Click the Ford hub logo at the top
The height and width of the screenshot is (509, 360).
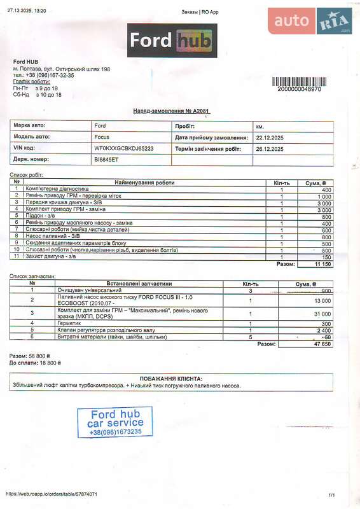pyautogui.click(x=172, y=41)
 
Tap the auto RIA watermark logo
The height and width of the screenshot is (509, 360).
pyautogui.click(x=310, y=21)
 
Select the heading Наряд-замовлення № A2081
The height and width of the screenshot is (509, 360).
pyautogui.click(x=171, y=111)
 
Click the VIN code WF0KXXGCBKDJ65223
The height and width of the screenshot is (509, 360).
pyautogui.click(x=124, y=148)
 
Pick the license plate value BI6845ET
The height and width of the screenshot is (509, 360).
pyautogui.click(x=106, y=160)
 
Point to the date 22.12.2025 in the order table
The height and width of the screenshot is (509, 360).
pyautogui.click(x=270, y=137)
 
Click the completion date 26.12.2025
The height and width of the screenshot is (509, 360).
pyautogui.click(x=270, y=149)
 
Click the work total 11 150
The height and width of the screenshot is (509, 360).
pyautogui.click(x=322, y=263)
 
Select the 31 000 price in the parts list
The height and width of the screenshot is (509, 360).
pyautogui.click(x=322, y=314)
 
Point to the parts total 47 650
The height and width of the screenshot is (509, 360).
pyautogui.click(x=321, y=344)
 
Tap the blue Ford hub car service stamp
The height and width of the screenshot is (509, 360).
pyautogui.click(x=115, y=422)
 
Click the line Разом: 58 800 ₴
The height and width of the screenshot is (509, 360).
pyautogui.click(x=30, y=355)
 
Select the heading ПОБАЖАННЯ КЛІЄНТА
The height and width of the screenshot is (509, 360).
pyautogui.click(x=171, y=378)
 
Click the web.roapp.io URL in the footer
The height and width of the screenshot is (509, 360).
pyautogui.click(x=52, y=494)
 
